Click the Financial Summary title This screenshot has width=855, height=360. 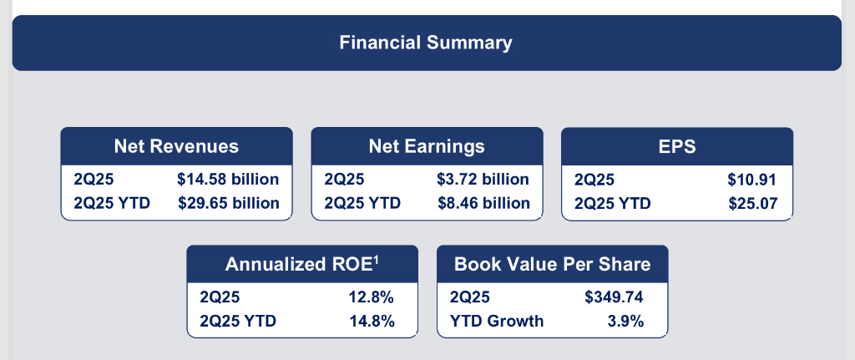[426, 42]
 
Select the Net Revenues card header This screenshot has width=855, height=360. [176, 146]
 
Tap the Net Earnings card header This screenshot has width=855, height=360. [427, 146]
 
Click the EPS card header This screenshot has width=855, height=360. [676, 146]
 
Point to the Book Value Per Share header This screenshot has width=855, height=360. [552, 264]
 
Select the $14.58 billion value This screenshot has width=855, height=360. [228, 179]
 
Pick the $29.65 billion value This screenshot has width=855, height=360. [228, 202]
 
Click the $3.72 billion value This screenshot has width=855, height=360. [483, 179]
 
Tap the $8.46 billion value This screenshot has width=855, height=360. [483, 202]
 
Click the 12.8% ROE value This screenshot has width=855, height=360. [371, 297]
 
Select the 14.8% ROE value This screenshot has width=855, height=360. [371, 320]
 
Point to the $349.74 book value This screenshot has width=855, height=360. [615, 297]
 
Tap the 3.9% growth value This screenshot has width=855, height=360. [627, 320]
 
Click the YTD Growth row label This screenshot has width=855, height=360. [497, 320]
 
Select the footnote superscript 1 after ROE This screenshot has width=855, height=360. [377, 259]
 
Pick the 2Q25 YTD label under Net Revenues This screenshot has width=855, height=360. [112, 202]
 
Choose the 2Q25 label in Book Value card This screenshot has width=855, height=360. [470, 297]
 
